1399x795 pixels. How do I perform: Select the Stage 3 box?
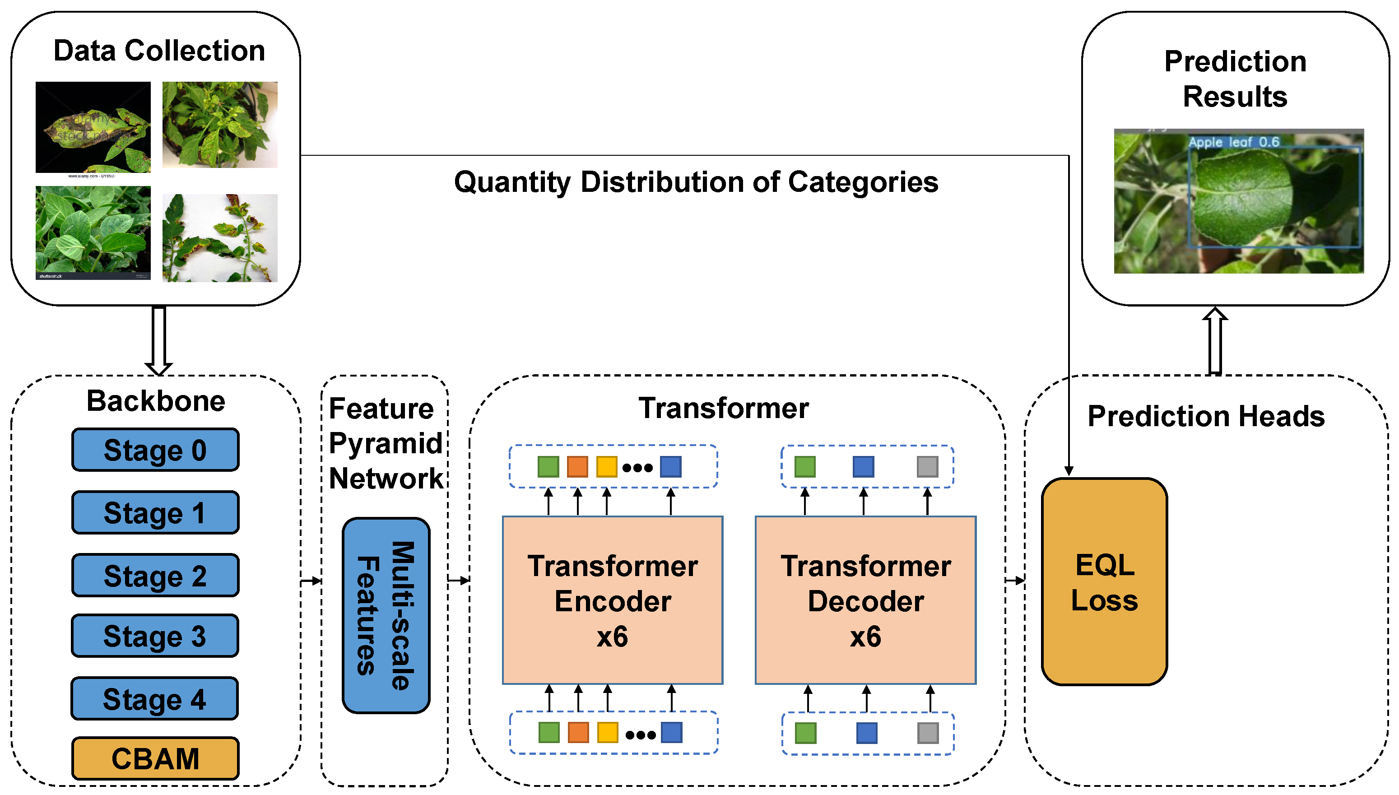[x=155, y=636]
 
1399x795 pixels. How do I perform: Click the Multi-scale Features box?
[x=386, y=615]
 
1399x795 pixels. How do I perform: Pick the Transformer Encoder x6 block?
[x=613, y=600]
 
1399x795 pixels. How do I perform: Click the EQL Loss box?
[x=1104, y=582]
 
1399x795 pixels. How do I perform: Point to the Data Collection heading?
[x=159, y=51]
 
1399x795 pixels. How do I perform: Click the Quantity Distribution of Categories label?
[x=696, y=182]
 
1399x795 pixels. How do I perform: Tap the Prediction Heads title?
[x=1206, y=416]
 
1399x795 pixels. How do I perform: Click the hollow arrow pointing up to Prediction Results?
[x=1215, y=341]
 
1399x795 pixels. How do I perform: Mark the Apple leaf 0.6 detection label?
[x=1234, y=142]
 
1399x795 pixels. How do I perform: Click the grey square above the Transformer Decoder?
[x=927, y=467]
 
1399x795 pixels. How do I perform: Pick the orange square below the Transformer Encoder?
[x=578, y=733]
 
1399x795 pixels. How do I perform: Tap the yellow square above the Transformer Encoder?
[x=606, y=467]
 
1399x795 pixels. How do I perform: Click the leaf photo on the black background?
[x=93, y=128]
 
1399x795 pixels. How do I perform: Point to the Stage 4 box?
[x=155, y=699]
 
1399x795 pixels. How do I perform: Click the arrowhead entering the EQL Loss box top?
[x=1069, y=471]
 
